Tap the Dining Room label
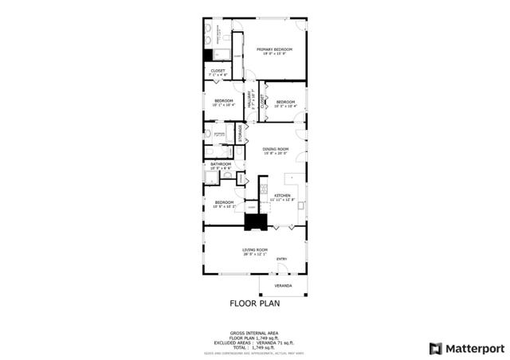tap(276, 150)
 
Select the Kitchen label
tap(283, 197)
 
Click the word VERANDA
tap(283, 285)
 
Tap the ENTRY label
tap(281, 260)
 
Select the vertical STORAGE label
tap(238, 133)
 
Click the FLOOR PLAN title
tap(255, 303)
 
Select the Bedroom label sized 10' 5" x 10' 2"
tap(223, 204)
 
